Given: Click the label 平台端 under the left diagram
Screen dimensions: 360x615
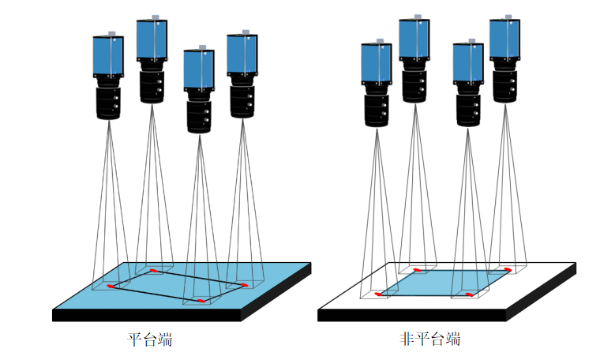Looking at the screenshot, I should [x=150, y=340].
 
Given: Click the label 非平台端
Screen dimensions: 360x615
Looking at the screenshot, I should [x=430, y=339].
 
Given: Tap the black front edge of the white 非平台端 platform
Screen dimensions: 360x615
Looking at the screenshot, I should [x=411, y=314].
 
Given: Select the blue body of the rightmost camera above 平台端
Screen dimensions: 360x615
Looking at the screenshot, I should [x=242, y=54].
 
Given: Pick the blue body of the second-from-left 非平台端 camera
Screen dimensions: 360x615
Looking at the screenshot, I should [x=414, y=39].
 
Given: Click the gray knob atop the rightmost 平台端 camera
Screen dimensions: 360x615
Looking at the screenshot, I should [x=246, y=32].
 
